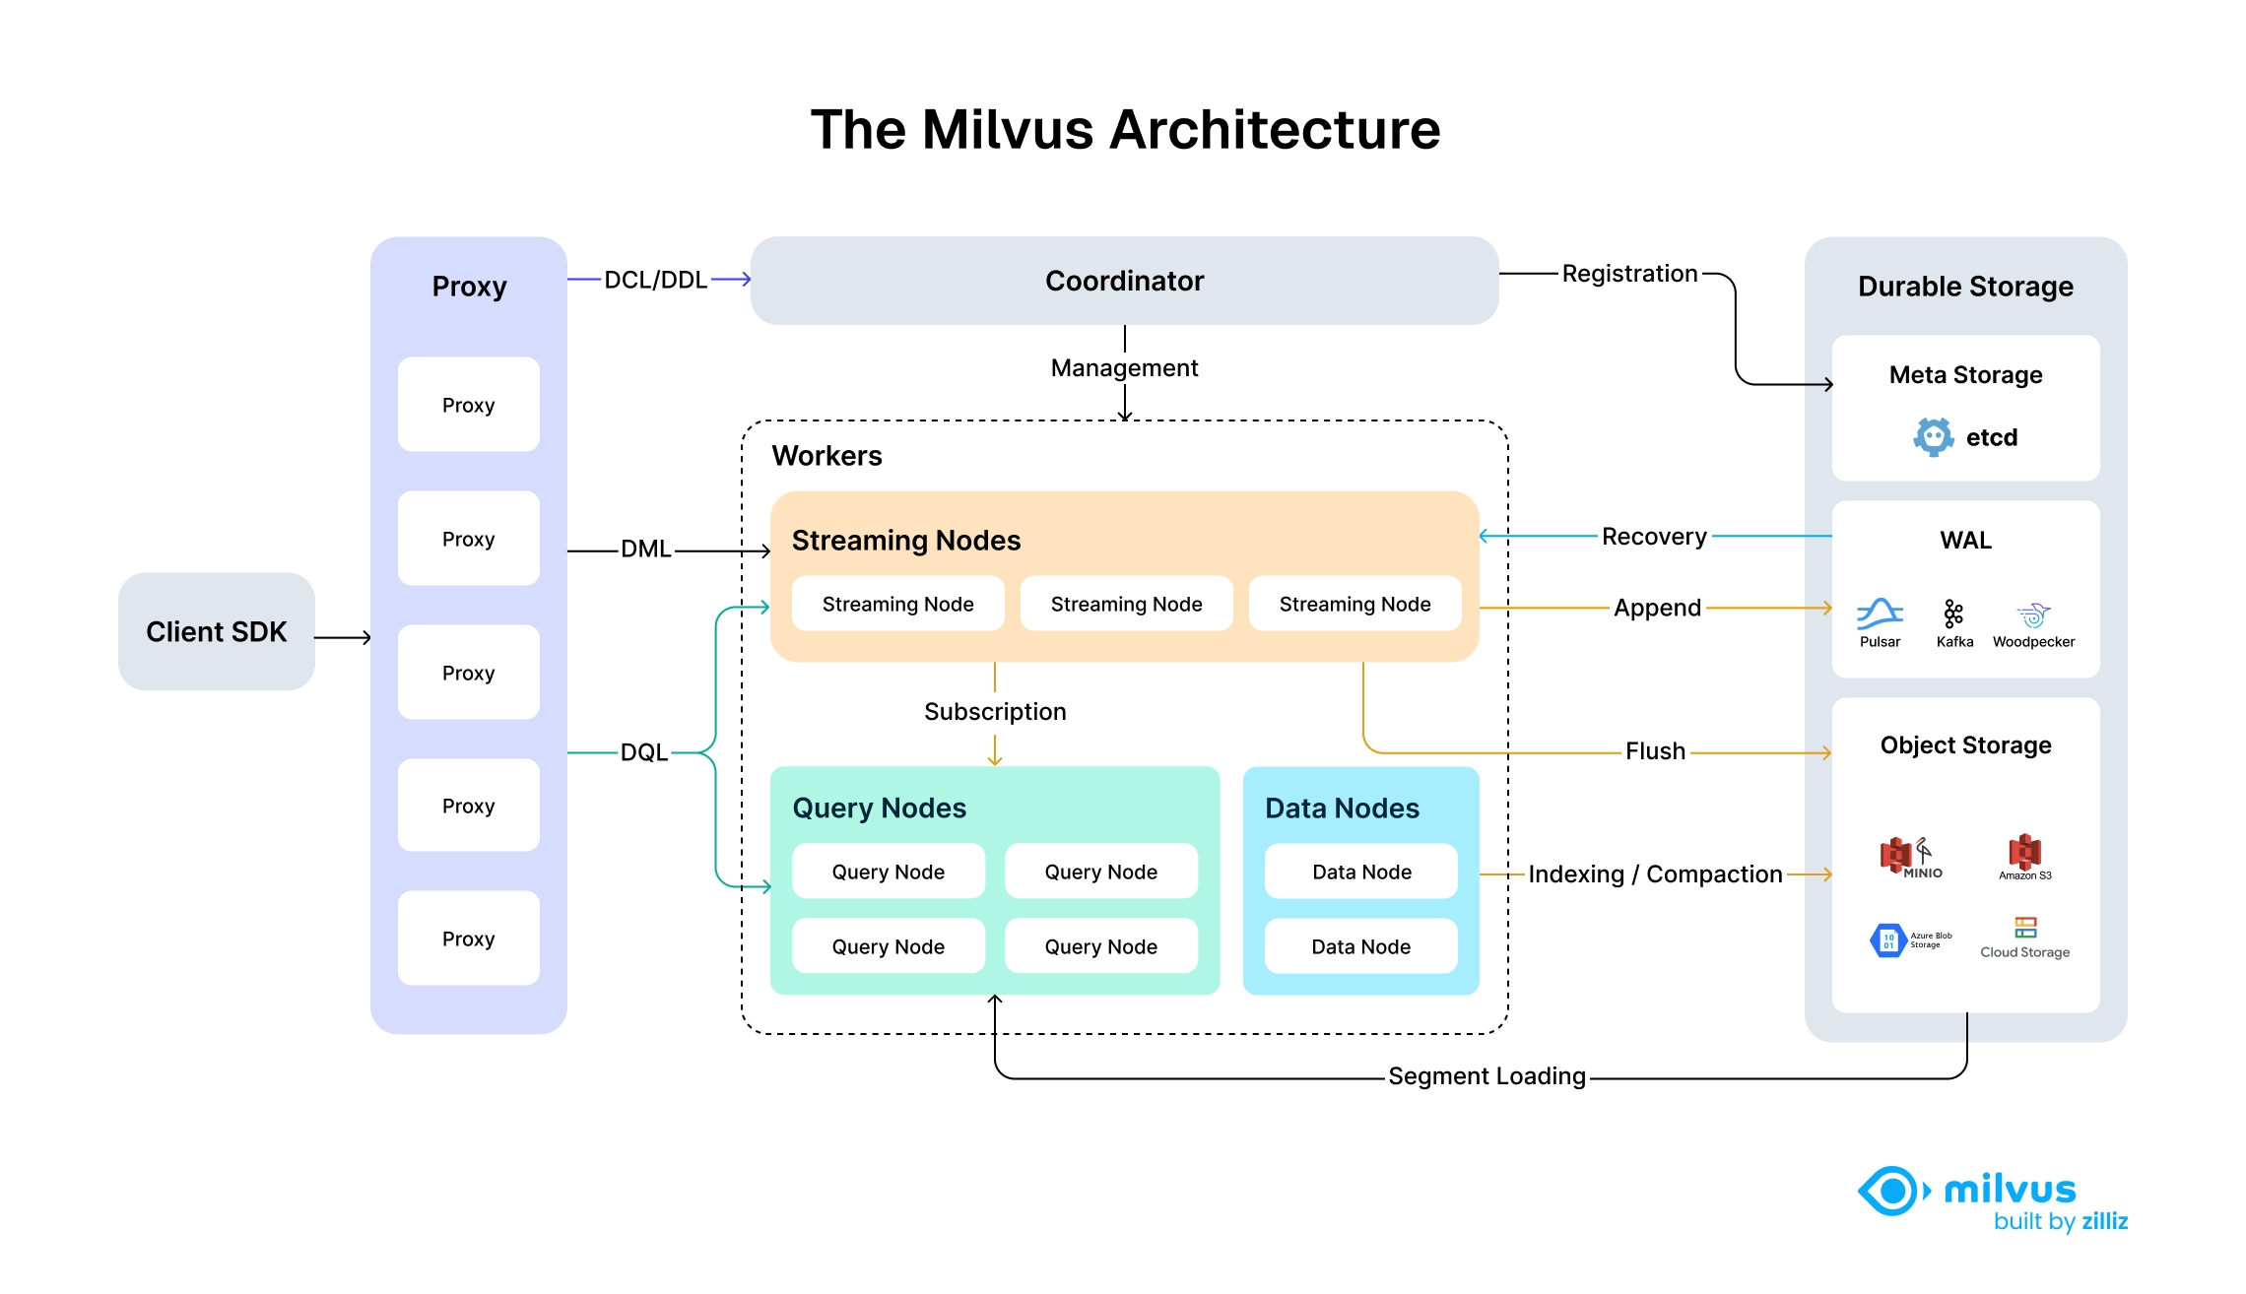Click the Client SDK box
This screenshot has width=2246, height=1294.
(x=216, y=631)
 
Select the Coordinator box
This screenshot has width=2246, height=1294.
(x=1124, y=281)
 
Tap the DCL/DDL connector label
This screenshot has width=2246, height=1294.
(x=655, y=280)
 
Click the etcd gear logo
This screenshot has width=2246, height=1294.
(x=1933, y=436)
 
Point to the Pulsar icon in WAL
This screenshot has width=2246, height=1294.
(x=1880, y=615)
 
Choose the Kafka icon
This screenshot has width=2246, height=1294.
(x=1953, y=615)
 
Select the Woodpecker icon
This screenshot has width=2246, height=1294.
(x=2033, y=615)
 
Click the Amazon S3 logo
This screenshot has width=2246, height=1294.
(x=2024, y=852)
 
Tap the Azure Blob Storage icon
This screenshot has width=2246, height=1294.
(x=1887, y=940)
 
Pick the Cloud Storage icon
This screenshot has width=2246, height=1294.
(x=2025, y=928)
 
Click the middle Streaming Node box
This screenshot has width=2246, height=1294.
(x=1126, y=604)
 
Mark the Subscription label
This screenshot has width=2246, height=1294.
(x=995, y=711)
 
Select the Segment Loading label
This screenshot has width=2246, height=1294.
(x=1486, y=1076)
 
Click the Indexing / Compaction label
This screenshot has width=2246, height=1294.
(x=1655, y=874)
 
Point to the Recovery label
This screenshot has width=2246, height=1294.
(x=1654, y=537)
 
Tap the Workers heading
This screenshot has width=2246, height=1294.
(x=826, y=456)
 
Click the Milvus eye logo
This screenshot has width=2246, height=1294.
(x=1891, y=1192)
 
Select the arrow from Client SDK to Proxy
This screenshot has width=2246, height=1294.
(x=343, y=638)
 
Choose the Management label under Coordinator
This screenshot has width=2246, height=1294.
(x=1124, y=368)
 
